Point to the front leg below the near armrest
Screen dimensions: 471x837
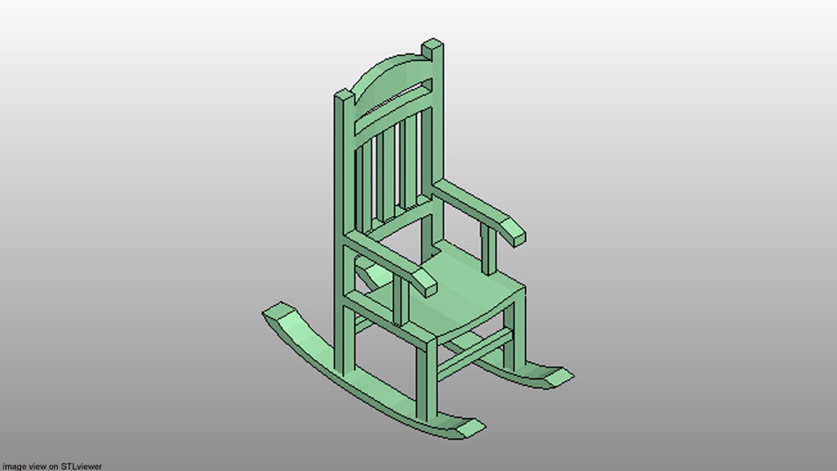[x=425, y=379]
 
